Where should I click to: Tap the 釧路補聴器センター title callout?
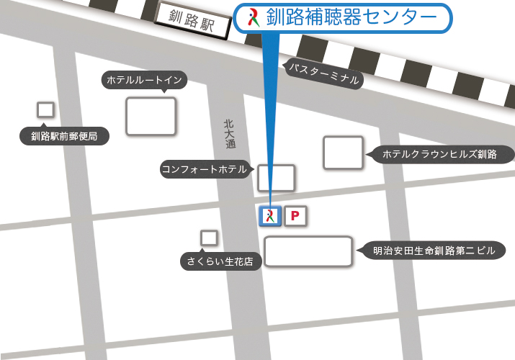click(x=343, y=18)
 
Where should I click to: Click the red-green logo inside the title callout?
click(x=252, y=17)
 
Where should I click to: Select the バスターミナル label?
click(x=323, y=73)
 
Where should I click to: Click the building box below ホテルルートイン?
click(x=151, y=116)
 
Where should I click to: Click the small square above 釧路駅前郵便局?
click(x=45, y=109)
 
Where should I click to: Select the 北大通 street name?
click(x=229, y=134)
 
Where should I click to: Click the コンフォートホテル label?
click(x=204, y=170)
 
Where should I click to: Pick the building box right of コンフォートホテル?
click(x=276, y=178)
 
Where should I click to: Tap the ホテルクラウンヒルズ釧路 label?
click(x=439, y=154)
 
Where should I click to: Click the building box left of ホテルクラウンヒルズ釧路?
click(x=343, y=153)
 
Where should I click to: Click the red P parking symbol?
click(x=296, y=216)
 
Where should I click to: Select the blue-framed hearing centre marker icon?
click(x=269, y=216)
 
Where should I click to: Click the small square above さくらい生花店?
click(x=209, y=238)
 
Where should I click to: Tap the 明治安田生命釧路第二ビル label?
click(x=434, y=251)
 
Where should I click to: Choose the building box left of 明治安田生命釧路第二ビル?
click(x=308, y=251)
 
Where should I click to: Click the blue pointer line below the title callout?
click(x=268, y=115)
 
